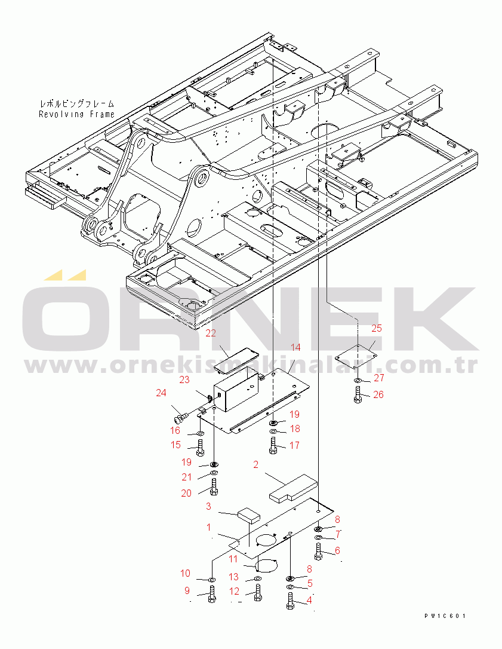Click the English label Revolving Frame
click(x=77, y=114)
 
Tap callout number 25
click(x=376, y=328)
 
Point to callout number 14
click(x=295, y=347)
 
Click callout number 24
click(x=161, y=393)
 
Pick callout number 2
click(x=255, y=465)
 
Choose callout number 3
click(x=208, y=507)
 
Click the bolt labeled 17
click(x=273, y=445)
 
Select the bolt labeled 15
click(x=200, y=445)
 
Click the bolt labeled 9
click(x=212, y=595)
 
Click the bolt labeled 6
click(x=318, y=551)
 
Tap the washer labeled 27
click(x=358, y=380)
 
